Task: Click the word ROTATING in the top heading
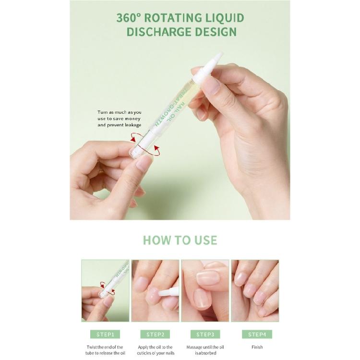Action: [x=173, y=18]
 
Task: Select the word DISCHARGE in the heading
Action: [x=159, y=32]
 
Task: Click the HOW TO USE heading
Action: [x=180, y=240]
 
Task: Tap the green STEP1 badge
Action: [x=105, y=334]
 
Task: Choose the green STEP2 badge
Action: [x=155, y=334]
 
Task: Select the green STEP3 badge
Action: [x=205, y=334]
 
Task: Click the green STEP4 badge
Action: [x=257, y=334]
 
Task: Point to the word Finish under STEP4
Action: [x=257, y=347]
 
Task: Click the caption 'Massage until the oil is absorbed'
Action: [x=205, y=350]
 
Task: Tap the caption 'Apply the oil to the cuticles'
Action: [x=156, y=350]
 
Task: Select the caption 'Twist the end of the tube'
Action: [x=105, y=350]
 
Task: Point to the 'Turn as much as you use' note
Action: [x=119, y=119]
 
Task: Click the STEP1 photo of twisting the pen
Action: [x=105, y=291]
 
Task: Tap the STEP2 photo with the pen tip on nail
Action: [x=155, y=291]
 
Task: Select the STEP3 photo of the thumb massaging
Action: [x=205, y=291]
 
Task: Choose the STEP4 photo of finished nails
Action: [x=255, y=291]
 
